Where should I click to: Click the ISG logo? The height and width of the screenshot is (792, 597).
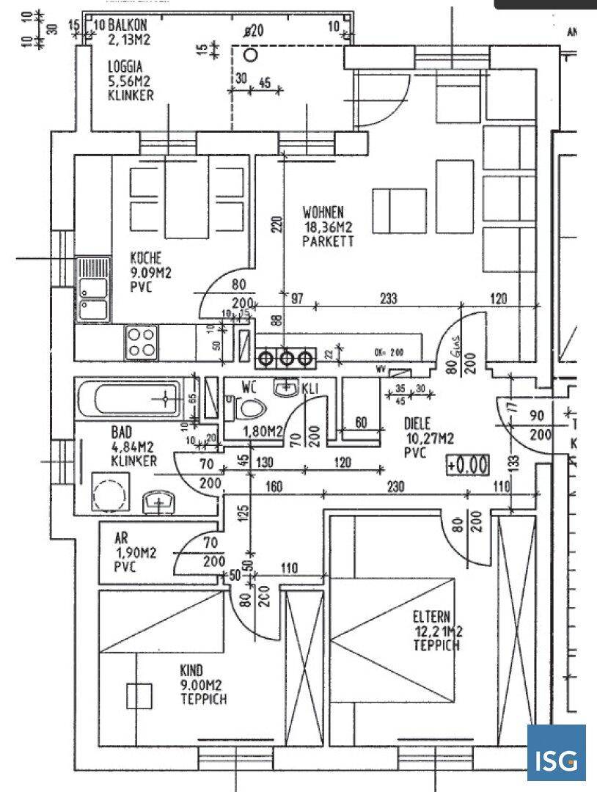pyautogui.click(x=557, y=753)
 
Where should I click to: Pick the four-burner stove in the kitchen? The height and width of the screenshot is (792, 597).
pyautogui.click(x=142, y=342)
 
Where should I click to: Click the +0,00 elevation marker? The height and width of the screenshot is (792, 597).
pyautogui.click(x=467, y=464)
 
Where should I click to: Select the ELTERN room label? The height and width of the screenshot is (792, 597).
pyautogui.click(x=432, y=617)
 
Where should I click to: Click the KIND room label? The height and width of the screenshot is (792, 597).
pyautogui.click(x=191, y=670)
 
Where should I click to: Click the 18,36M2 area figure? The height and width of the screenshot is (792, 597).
pyautogui.click(x=330, y=227)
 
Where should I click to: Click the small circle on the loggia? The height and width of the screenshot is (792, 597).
pyautogui.click(x=251, y=54)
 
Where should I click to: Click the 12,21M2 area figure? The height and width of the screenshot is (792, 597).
pyautogui.click(x=437, y=631)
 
